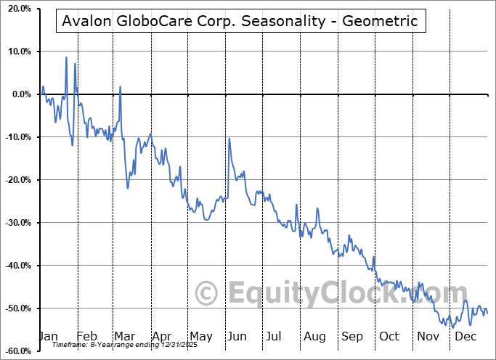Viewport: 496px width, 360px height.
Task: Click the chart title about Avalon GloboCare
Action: pyautogui.click(x=240, y=21)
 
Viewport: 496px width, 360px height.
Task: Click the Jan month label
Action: pyautogui.click(x=47, y=336)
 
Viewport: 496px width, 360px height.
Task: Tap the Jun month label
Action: pyautogui.click(x=236, y=336)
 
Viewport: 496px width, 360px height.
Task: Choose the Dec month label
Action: pyautogui.click(x=465, y=336)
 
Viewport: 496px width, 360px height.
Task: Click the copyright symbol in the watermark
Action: pyautogui.click(x=207, y=294)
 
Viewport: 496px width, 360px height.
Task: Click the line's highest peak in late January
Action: pyautogui.click(x=66, y=57)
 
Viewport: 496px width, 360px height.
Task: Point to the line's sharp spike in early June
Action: pyautogui.click(x=229, y=139)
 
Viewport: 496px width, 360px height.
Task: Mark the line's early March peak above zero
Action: pyautogui.click(x=120, y=86)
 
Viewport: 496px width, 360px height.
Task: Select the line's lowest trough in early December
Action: pyautogui.click(x=453, y=327)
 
